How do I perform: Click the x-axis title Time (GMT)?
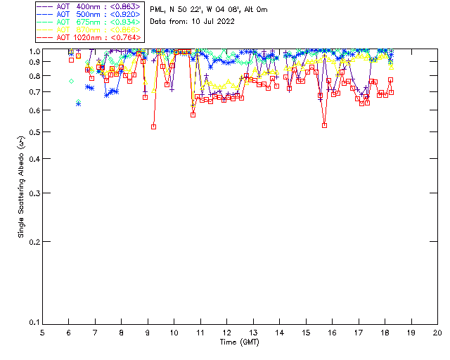coord(240,342)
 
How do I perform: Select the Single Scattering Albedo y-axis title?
coord(22,186)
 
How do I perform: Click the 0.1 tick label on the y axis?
coord(33,323)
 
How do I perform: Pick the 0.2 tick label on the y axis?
coord(33,241)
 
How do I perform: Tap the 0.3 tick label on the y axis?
coord(33,193)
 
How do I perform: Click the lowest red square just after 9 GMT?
coord(153,127)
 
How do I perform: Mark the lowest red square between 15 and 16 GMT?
coord(324,125)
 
